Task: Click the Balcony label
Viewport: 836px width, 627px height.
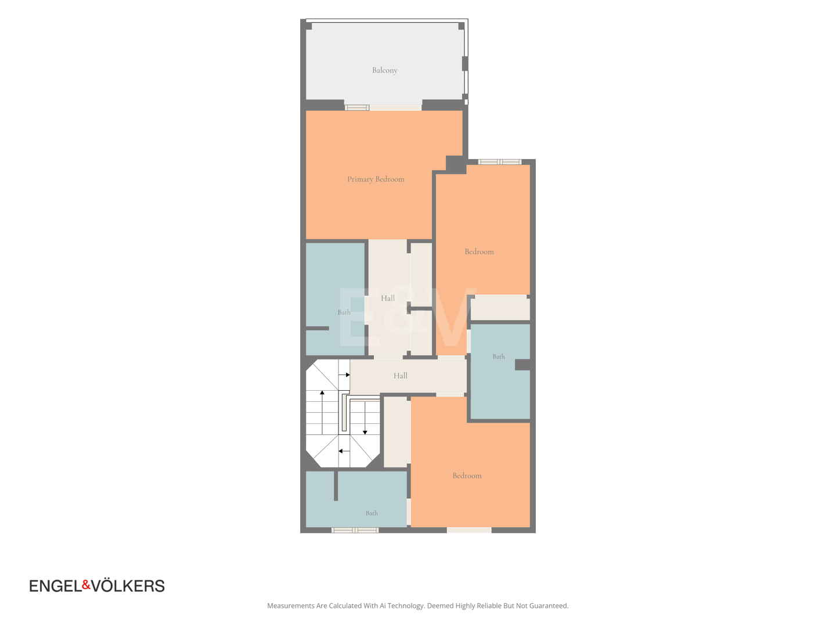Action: (384, 70)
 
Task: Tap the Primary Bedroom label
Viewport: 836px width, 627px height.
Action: (376, 179)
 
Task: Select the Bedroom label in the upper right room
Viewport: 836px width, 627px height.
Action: (479, 251)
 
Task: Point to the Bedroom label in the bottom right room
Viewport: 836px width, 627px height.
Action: (467, 475)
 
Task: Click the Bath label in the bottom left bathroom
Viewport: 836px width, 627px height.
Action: (372, 513)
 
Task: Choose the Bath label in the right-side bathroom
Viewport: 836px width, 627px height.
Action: (499, 356)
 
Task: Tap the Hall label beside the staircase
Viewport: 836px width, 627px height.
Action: (400, 376)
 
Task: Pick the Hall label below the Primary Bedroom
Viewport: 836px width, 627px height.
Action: (388, 298)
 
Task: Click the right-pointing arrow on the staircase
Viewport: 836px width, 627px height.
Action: (344, 375)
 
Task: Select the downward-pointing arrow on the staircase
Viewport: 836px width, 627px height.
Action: (365, 418)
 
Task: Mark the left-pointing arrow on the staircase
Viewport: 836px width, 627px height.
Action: (344, 451)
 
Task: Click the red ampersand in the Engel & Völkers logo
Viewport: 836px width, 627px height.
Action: (86, 584)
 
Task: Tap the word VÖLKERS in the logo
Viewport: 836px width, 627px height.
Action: (128, 586)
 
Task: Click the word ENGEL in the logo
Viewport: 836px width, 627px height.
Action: (56, 586)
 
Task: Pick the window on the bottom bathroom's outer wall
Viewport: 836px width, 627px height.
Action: (355, 530)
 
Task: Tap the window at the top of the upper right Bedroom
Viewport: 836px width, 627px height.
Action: (500, 162)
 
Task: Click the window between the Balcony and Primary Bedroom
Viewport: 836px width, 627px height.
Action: (357, 108)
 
